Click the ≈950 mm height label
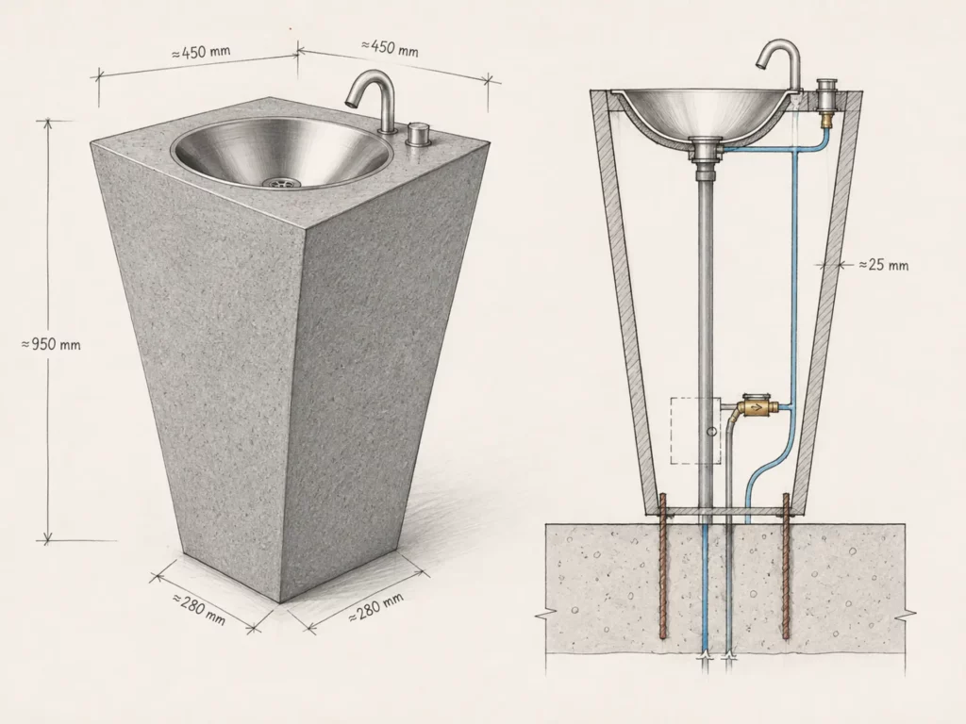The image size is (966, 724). (x=51, y=343)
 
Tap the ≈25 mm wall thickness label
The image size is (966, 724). (x=883, y=265)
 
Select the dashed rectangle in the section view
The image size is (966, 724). (x=695, y=430)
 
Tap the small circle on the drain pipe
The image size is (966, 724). (x=711, y=432)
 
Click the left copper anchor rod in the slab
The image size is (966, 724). (x=662, y=566)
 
